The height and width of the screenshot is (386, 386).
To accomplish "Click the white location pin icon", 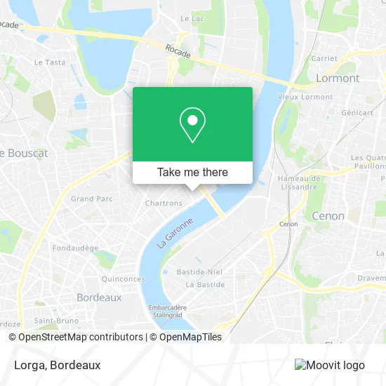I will (192, 126).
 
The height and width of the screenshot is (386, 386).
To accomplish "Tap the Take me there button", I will (192, 172).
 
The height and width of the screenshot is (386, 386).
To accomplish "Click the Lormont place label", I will (338, 78).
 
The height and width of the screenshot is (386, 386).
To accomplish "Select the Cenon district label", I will (328, 216).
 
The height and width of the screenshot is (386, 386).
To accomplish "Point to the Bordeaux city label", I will (99, 298).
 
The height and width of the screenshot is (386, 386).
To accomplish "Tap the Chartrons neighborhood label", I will (164, 204).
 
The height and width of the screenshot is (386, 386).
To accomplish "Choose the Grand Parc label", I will (92, 199).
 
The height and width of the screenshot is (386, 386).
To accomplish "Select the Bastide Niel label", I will (200, 272).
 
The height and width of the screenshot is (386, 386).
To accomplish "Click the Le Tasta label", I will (50, 62).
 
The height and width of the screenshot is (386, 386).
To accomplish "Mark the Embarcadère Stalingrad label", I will (166, 312).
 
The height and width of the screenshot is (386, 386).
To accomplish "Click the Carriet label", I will (324, 59).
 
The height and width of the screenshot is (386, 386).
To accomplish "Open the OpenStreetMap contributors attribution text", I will (80, 337).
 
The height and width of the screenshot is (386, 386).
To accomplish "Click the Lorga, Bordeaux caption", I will (56, 365).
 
